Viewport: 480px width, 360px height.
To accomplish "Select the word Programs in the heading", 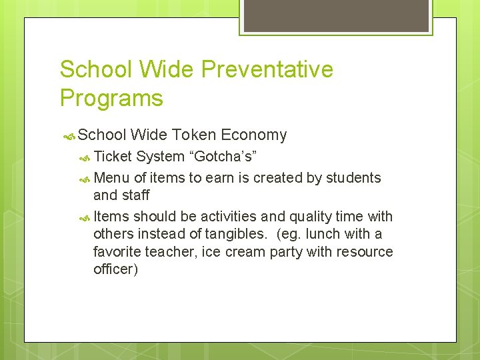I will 111,98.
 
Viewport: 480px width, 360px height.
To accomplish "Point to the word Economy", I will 253,135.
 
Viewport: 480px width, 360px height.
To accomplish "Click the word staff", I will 135,195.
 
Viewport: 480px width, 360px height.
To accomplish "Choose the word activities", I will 229,217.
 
